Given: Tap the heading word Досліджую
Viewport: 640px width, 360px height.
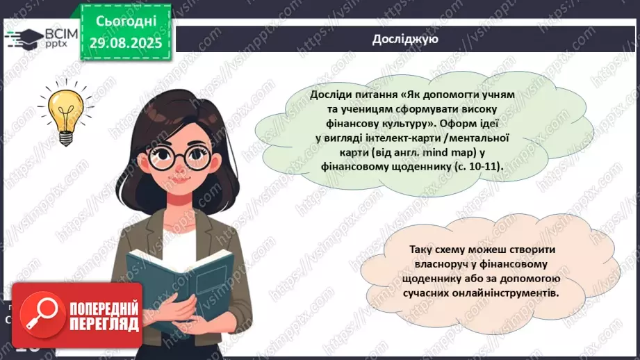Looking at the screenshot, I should (404, 40).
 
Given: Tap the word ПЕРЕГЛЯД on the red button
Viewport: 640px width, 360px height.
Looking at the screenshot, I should (104, 323).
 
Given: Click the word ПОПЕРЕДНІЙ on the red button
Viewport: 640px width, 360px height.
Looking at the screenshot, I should (104, 307).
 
